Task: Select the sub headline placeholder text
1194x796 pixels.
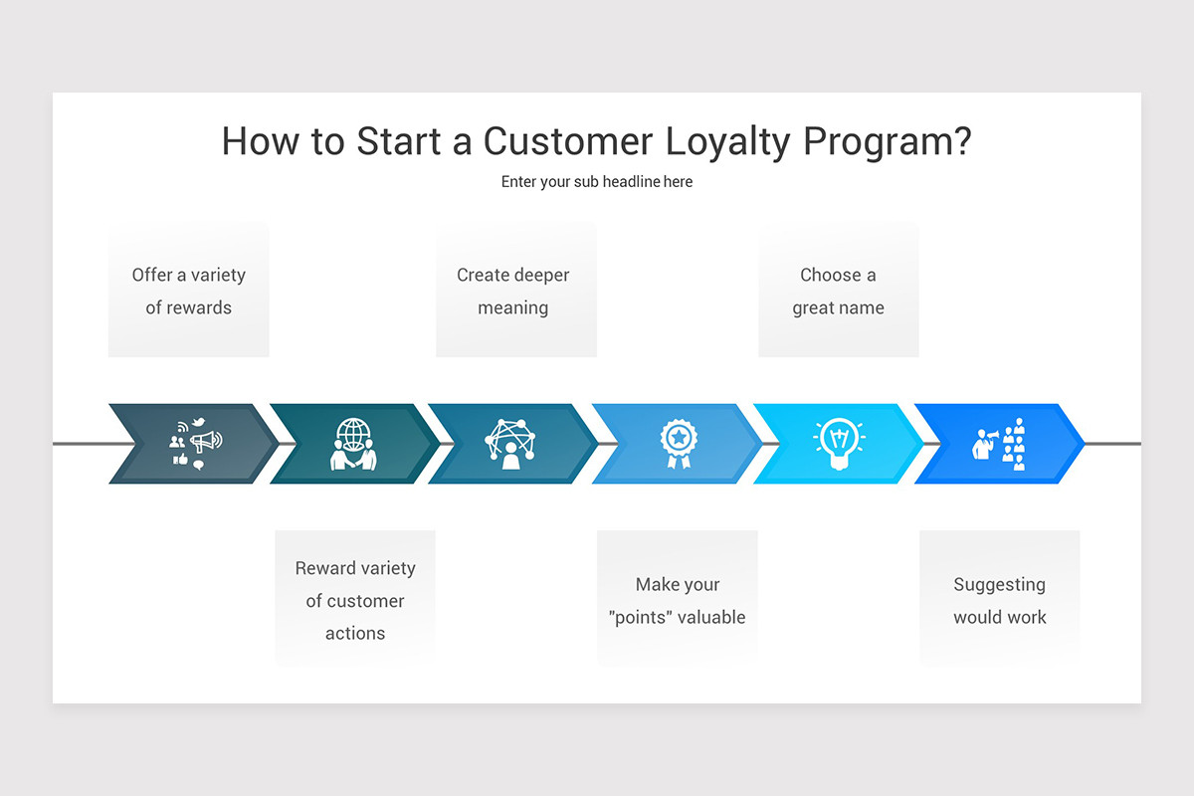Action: [x=597, y=182]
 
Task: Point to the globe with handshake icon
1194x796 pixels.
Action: [x=353, y=444]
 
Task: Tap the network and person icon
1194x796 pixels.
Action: [x=510, y=444]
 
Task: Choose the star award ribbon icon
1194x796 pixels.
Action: [x=679, y=444]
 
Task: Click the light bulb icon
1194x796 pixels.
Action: [x=839, y=444]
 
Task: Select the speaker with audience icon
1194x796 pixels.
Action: [x=999, y=444]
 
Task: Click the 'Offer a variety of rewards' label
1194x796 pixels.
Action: [x=189, y=291]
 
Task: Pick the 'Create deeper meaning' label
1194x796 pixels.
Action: [x=513, y=291]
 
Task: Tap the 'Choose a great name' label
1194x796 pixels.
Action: [x=838, y=291]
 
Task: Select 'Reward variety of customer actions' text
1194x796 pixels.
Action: [x=355, y=600]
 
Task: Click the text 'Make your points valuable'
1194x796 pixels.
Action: [x=677, y=600]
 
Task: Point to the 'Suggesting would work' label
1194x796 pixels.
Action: [x=999, y=600]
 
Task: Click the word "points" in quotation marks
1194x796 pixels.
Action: [x=643, y=617]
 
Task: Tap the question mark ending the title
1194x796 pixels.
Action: [x=959, y=142]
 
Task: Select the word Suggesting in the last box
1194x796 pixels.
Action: [x=999, y=584]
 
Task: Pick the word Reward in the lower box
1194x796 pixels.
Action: [x=324, y=568]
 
